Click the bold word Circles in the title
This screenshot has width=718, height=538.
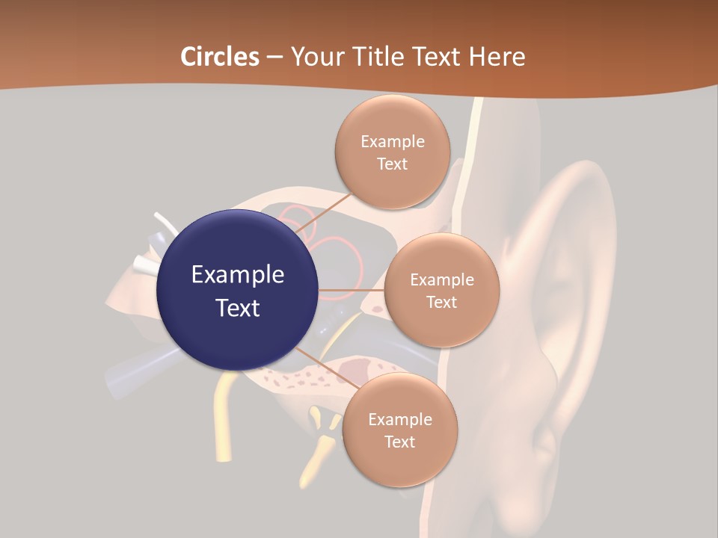click(220, 57)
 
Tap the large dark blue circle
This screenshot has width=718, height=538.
click(238, 291)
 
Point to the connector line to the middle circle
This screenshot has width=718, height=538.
click(352, 289)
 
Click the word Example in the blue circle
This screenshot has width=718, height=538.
click(238, 274)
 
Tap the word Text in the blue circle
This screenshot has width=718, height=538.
click(238, 307)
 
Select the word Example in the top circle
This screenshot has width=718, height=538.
click(393, 141)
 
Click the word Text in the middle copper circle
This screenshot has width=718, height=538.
click(442, 302)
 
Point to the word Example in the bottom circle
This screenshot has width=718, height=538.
click(400, 419)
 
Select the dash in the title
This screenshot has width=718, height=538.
click(274, 57)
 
